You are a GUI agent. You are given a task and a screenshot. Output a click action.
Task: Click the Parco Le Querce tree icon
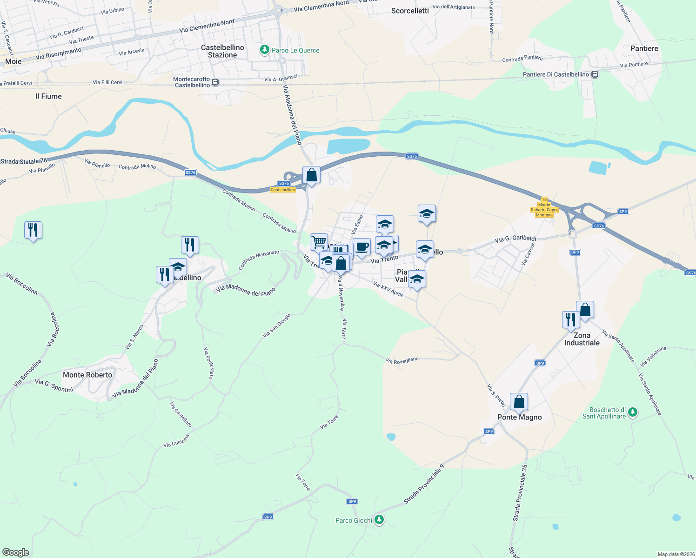(x=265, y=50)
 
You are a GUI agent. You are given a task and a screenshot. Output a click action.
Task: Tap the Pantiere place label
(x=644, y=48)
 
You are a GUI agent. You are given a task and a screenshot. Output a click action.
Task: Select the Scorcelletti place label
(x=410, y=11)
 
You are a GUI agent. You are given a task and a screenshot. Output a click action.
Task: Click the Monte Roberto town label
(x=87, y=375)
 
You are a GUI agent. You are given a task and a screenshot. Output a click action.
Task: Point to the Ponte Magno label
(x=519, y=417)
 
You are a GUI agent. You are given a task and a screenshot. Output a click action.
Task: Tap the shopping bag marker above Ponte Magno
(x=519, y=402)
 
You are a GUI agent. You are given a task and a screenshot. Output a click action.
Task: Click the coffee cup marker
(x=361, y=246)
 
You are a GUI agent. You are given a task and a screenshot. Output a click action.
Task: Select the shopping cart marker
(x=319, y=242)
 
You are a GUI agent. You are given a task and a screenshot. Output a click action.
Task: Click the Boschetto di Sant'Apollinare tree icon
(x=632, y=412)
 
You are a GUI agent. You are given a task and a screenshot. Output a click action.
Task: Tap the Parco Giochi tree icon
(x=379, y=519)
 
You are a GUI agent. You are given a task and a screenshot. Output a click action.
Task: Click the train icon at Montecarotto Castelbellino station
(x=215, y=82)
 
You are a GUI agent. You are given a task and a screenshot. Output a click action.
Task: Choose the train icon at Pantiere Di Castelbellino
(x=595, y=74)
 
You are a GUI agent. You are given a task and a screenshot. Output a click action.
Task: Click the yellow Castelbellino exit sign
(x=283, y=190)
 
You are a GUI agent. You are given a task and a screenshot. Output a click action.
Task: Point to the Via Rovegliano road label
(x=402, y=360)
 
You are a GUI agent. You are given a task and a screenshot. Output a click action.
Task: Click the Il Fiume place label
(x=48, y=96)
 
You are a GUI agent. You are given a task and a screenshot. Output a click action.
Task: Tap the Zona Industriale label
(x=582, y=339)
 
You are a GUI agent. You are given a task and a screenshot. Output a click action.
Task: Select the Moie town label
(x=13, y=61)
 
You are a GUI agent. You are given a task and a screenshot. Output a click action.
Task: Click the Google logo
(x=16, y=552)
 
